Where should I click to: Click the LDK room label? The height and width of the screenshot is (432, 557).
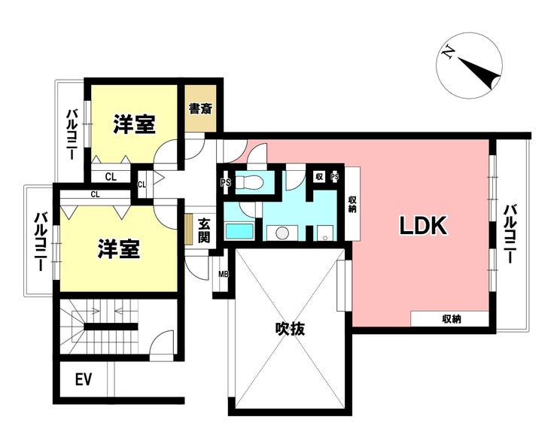click(x=423, y=225)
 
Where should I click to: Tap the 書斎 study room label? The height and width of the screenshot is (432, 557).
click(x=201, y=108)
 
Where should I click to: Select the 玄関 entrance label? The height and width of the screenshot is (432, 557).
click(x=204, y=230)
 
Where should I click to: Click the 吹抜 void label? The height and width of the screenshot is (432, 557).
click(x=291, y=329)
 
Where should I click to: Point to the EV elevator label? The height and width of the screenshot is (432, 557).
click(x=84, y=379)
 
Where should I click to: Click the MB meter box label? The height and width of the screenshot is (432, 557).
click(x=224, y=274)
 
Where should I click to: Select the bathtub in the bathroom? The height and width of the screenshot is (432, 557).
click(x=240, y=231)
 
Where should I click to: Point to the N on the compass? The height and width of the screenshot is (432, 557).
click(x=449, y=53)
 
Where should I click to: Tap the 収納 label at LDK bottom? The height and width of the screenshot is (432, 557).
click(x=452, y=319)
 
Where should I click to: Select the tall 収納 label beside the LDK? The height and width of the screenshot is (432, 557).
click(x=352, y=204)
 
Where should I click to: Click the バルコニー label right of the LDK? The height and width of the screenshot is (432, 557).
click(x=509, y=234)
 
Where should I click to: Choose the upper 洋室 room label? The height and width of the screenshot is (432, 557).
click(x=134, y=124)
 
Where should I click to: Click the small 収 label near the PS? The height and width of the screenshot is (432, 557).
click(x=319, y=176)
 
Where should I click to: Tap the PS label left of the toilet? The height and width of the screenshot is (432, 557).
click(x=225, y=183)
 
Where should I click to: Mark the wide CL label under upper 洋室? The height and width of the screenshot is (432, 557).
click(x=111, y=177)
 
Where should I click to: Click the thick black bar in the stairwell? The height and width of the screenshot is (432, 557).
click(x=111, y=327)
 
